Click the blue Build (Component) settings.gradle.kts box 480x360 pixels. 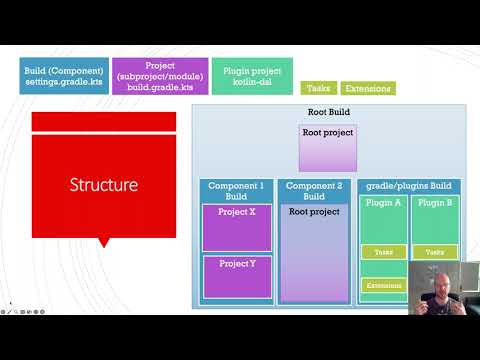63,76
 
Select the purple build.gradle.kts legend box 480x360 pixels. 160,76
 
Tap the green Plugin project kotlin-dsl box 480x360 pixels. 252,76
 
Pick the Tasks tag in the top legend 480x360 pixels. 318,88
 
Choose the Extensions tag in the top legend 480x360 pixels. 368,88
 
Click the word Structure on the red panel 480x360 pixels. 103,185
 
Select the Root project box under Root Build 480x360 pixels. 327,147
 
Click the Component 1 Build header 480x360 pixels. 237,191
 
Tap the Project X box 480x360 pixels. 237,227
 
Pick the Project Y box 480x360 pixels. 237,276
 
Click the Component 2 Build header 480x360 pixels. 314,191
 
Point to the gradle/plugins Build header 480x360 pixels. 409,186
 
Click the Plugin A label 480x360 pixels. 384,203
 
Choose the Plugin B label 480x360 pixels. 434,203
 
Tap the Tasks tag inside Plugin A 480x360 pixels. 383,253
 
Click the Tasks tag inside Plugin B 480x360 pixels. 434,253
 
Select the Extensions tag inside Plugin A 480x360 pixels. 383,286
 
